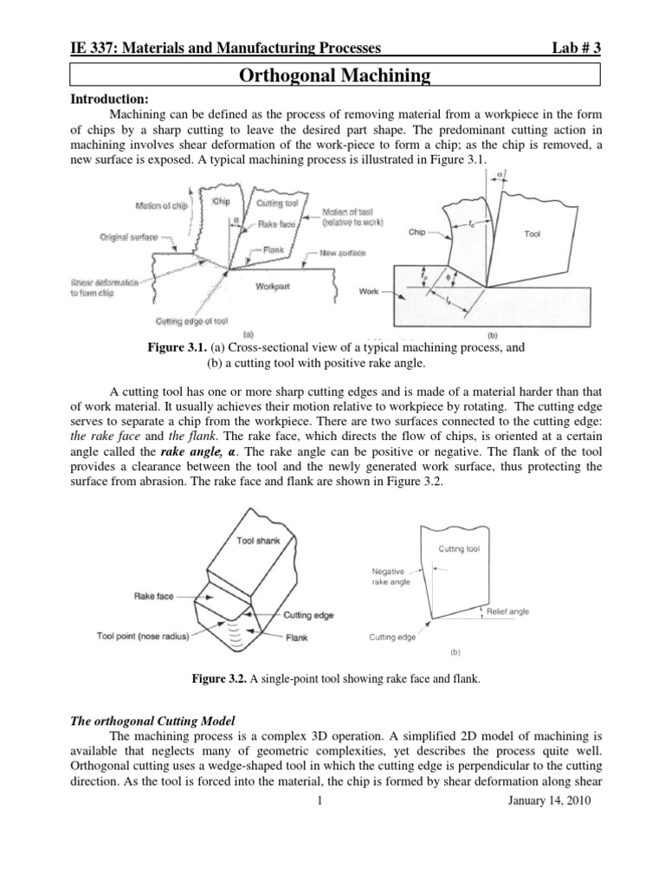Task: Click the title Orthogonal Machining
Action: pos(333,77)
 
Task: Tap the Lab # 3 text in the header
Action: pos(571,49)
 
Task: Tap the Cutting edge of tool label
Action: pos(191,320)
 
